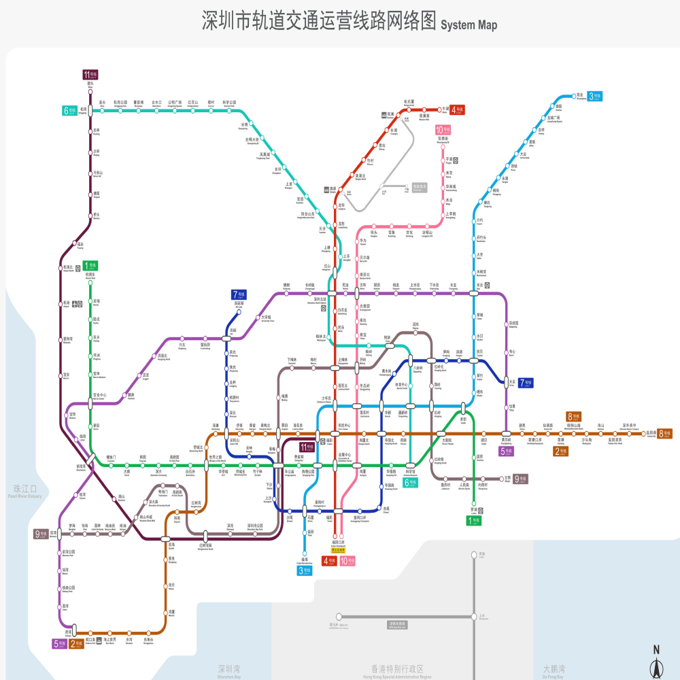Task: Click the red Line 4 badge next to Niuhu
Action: [x=458, y=109]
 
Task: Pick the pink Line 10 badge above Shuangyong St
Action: [x=443, y=130]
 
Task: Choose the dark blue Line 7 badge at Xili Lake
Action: [x=239, y=294]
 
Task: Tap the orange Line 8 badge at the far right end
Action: [x=664, y=433]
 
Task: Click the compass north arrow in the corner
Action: [x=656, y=661]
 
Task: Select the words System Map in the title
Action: [x=469, y=26]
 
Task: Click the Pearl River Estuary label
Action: [x=25, y=492]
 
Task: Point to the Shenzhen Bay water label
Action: [x=228, y=672]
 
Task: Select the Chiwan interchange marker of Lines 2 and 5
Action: [x=68, y=633]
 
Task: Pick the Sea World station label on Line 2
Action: [x=109, y=640]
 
